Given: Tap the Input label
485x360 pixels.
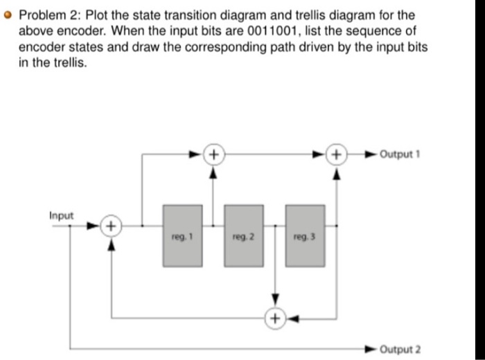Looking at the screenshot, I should coord(61,215).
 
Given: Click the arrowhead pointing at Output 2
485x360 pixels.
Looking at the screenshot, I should coord(373,349).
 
